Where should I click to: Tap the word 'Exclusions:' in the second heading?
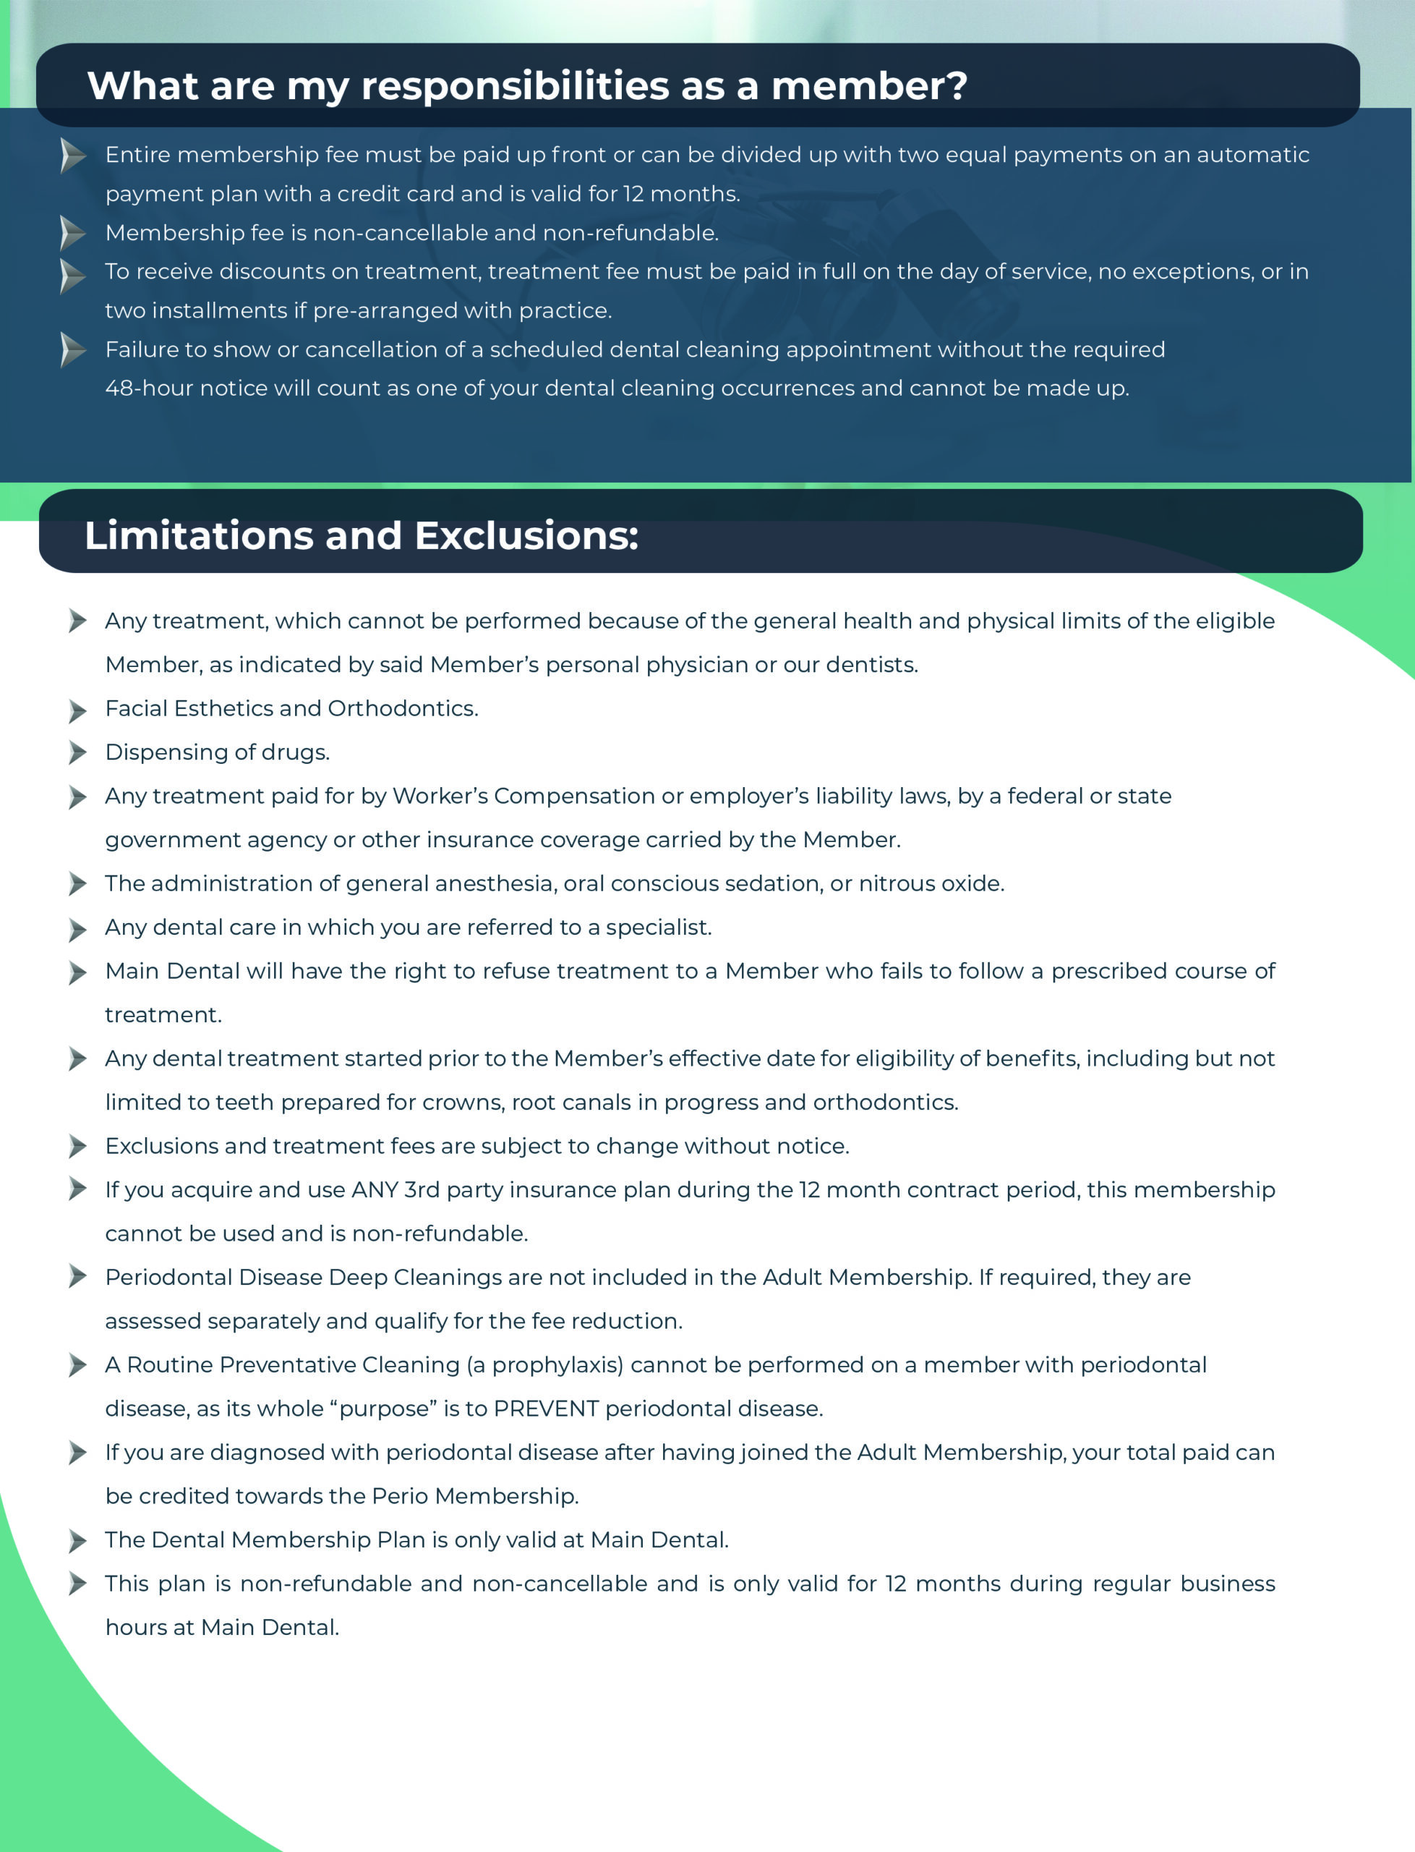(x=526, y=536)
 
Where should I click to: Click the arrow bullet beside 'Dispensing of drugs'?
(x=77, y=752)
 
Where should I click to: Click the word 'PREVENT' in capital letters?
(x=546, y=1409)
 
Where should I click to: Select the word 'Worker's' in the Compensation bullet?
(x=440, y=797)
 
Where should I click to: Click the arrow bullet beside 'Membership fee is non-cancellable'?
(x=73, y=234)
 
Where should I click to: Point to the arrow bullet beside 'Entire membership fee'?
(x=73, y=156)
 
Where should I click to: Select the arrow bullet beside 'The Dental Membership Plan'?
(x=77, y=1541)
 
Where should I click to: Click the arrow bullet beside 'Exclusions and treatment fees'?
(x=77, y=1147)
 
